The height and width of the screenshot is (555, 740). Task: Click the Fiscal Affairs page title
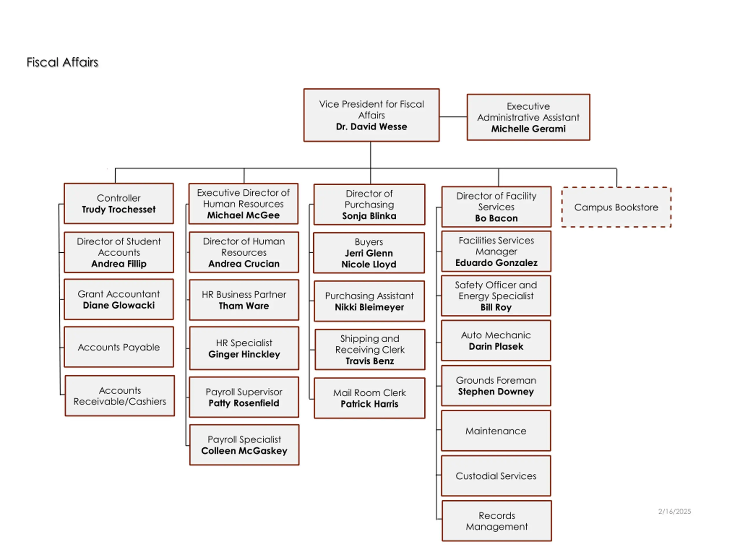[x=62, y=62]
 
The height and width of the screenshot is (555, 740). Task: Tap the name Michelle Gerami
[x=528, y=129]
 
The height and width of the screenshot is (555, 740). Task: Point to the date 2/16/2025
[x=674, y=511]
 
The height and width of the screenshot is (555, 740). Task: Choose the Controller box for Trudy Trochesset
[x=119, y=203]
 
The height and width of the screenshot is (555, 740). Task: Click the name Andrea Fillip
[x=119, y=264]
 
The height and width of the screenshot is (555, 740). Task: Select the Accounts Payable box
[x=119, y=347]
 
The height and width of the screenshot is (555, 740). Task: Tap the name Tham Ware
[x=244, y=306]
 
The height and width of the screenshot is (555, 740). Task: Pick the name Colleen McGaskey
[x=244, y=451]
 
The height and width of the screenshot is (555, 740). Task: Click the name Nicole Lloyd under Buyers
[x=369, y=264]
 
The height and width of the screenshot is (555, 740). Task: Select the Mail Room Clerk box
[x=369, y=398]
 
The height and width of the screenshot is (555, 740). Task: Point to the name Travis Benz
[x=370, y=361]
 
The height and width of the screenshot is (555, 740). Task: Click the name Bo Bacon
[x=496, y=219]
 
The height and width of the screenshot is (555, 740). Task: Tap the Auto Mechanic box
[x=496, y=341]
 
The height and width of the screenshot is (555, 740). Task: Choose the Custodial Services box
[x=496, y=476]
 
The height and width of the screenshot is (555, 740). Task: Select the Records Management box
[x=496, y=521]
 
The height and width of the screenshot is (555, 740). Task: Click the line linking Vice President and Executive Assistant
[x=453, y=117]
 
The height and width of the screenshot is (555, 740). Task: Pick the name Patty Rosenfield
[x=244, y=403]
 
